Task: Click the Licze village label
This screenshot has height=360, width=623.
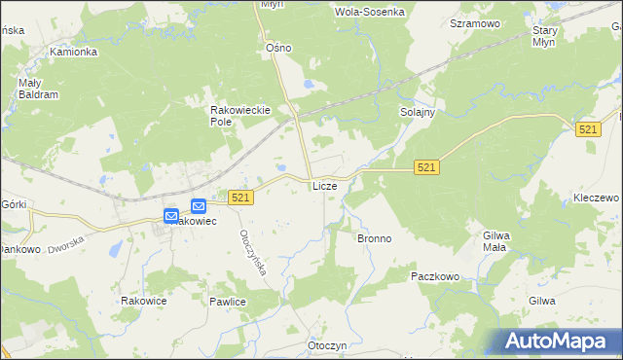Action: tap(324, 185)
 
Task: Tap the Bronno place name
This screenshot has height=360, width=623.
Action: tap(374, 238)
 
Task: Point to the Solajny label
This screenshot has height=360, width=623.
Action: tap(417, 113)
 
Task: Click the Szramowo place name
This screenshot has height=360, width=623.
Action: tap(474, 22)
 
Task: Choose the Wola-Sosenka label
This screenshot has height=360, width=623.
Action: tap(369, 12)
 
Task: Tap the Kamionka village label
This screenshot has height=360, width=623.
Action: tap(74, 52)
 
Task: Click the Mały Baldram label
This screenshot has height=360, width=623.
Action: tap(39, 89)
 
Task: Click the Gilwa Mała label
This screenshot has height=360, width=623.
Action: tap(496, 240)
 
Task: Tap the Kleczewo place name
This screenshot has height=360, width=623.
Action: tap(596, 198)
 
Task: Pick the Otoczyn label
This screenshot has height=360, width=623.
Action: tap(327, 345)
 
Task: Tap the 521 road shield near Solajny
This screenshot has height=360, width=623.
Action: tap(425, 168)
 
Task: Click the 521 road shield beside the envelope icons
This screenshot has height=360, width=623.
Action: tap(242, 198)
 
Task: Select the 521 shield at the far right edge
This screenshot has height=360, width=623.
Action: tap(587, 130)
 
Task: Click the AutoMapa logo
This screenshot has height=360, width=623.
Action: tap(554, 341)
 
